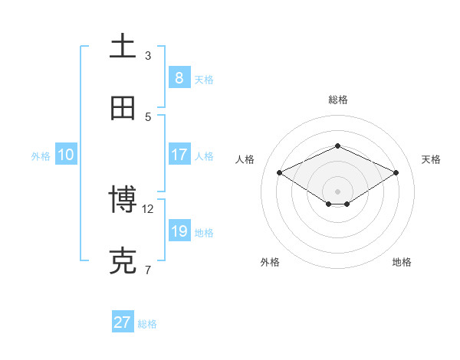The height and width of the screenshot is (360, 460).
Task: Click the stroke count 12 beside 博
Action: [149, 208]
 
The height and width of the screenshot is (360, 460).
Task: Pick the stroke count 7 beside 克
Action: [147, 270]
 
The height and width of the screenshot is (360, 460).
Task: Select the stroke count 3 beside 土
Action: [148, 55]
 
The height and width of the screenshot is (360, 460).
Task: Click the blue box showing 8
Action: [179, 77]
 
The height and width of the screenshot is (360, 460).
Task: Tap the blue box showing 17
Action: [179, 154]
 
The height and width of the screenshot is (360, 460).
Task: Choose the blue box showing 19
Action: [179, 231]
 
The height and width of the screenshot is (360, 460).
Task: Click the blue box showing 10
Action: [66, 155]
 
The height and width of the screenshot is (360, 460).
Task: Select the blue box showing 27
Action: [123, 322]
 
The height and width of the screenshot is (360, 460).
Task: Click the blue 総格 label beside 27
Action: [147, 324]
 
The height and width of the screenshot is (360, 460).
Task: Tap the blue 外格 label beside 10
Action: [41, 155]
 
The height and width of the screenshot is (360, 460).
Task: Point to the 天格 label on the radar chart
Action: [431, 159]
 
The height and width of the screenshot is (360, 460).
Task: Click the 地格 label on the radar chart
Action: [402, 262]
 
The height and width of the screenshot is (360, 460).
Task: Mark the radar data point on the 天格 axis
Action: [396, 172]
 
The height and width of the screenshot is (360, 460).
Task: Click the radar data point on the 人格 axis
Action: [279, 172]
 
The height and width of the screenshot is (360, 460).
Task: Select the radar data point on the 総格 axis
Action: [337, 146]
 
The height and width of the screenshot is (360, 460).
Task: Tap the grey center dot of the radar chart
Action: [337, 191]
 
